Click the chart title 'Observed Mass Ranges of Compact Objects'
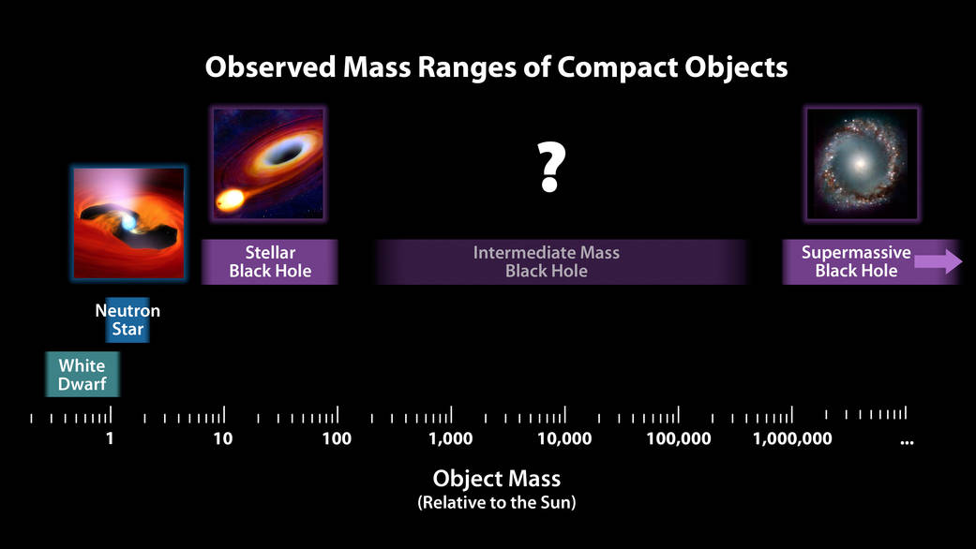pyautogui.click(x=496, y=68)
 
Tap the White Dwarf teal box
pyautogui.click(x=82, y=374)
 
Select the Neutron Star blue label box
pyautogui.click(x=128, y=319)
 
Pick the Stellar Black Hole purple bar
pyautogui.click(x=270, y=261)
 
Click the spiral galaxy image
pyautogui.click(x=863, y=164)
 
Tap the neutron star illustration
pyautogui.click(x=128, y=223)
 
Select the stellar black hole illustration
pyautogui.click(x=268, y=164)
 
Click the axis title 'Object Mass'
pyautogui.click(x=496, y=479)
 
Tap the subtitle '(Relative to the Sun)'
pyautogui.click(x=496, y=503)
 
